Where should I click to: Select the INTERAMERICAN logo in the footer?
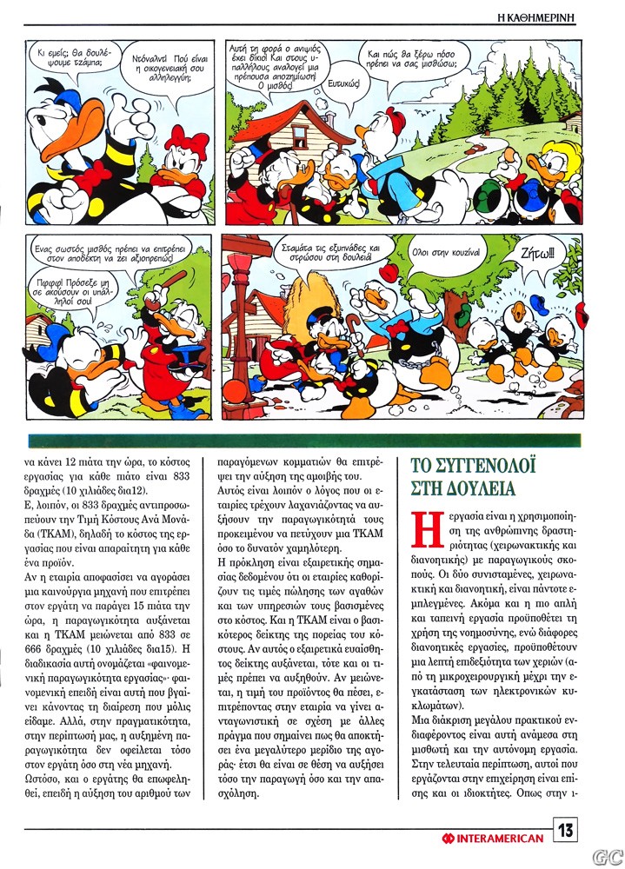(x=493, y=838)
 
